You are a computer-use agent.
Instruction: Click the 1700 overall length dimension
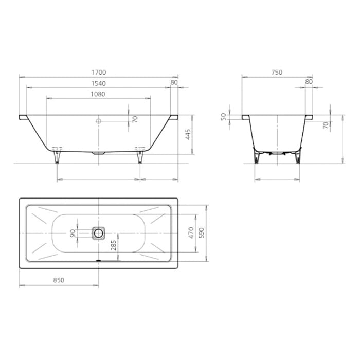[98, 73]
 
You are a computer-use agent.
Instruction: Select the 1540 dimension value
[98, 83]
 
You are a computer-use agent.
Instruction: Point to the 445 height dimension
[188, 134]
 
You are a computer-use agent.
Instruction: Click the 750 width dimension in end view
[277, 73]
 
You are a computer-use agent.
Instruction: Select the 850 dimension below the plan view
[58, 280]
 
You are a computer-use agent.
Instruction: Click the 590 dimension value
[202, 233]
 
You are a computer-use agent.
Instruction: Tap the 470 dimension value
[191, 233]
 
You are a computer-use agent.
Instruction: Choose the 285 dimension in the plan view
[114, 246]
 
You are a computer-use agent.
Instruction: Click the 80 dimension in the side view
[174, 82]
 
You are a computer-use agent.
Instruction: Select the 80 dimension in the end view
[309, 82]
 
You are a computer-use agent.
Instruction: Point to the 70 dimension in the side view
[135, 119]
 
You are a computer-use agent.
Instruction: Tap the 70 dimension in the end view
[326, 125]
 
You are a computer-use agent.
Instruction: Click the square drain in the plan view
[98, 233]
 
